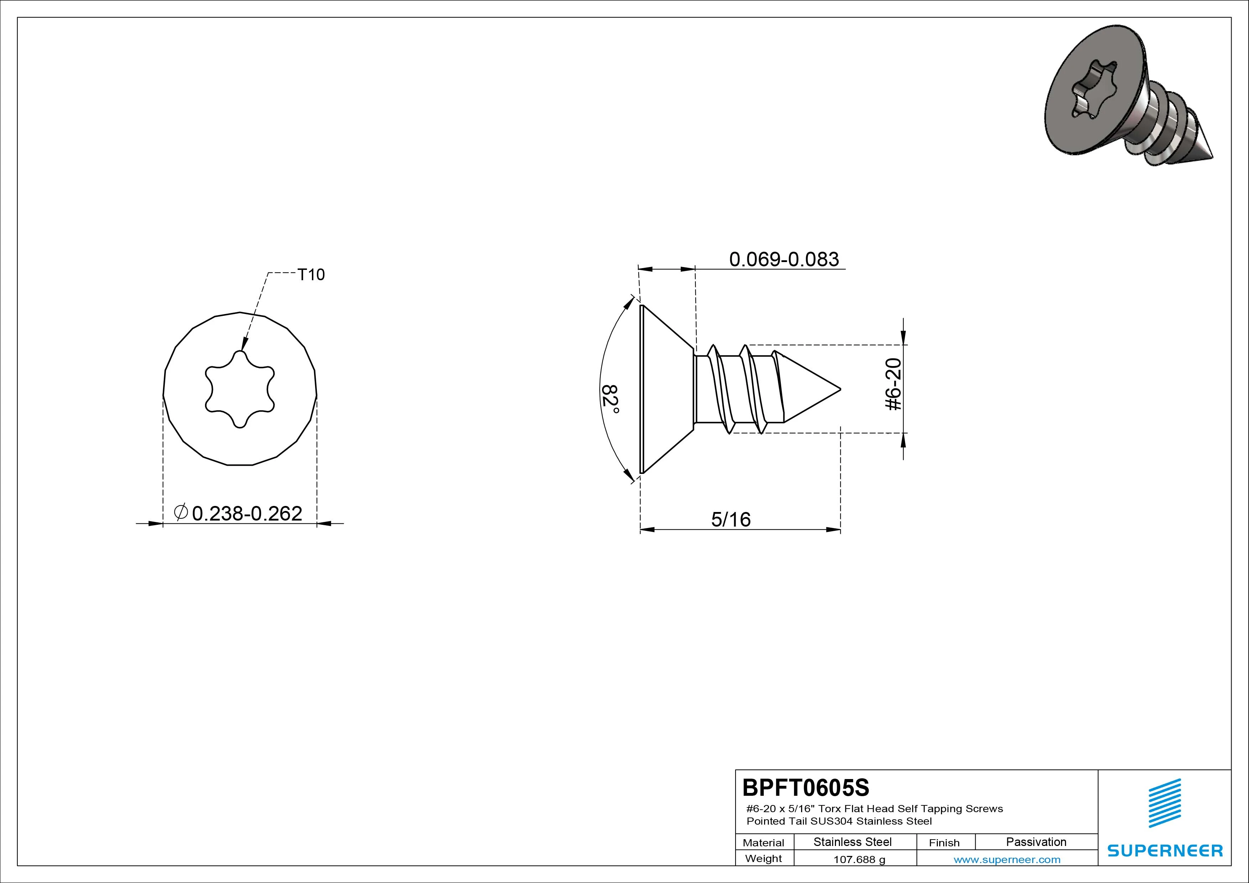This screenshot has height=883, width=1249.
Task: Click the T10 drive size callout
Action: [x=311, y=275]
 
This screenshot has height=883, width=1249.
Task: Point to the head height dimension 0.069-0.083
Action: [x=784, y=259]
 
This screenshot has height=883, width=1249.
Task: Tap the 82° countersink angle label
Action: [x=610, y=399]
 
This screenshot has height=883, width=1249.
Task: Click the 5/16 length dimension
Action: [x=731, y=519]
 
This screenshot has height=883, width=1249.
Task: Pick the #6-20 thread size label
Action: [x=894, y=384]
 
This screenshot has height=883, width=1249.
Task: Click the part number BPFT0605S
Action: [x=806, y=787]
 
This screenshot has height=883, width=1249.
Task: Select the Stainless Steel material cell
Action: [x=852, y=842]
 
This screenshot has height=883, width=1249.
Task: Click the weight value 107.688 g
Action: [x=859, y=860]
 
